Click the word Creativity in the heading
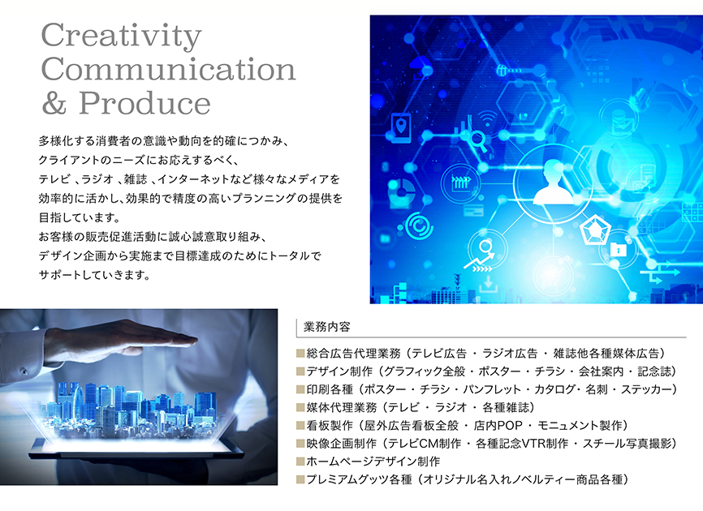122,36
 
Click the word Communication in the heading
169,70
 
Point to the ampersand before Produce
54,104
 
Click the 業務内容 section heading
327,327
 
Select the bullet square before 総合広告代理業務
300,354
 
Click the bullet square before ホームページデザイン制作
300,462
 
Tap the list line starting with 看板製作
462,426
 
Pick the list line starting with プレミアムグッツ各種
462,479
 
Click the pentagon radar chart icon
595,230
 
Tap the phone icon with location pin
401,128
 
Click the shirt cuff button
24,371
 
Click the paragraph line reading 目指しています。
80,217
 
